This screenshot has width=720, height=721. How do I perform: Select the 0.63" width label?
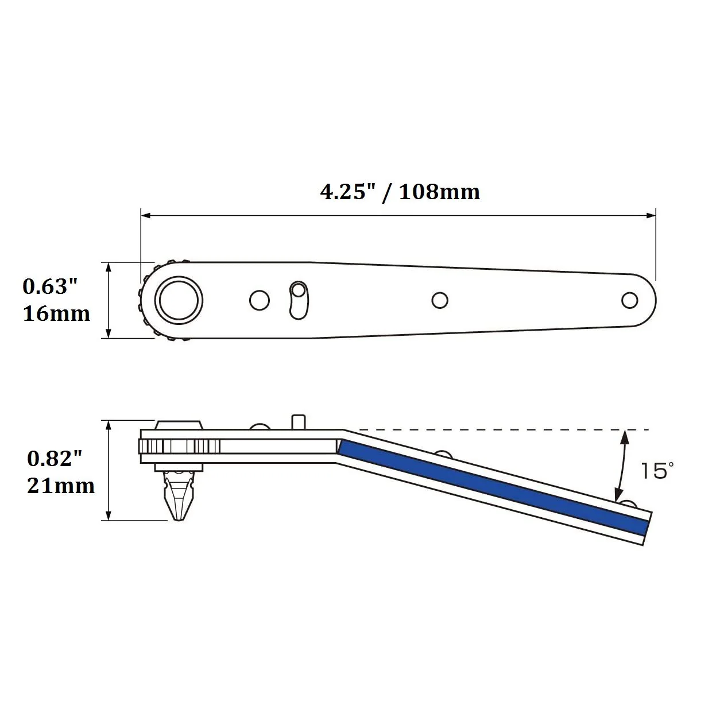pos(50,286)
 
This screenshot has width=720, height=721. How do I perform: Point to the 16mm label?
pos(56,313)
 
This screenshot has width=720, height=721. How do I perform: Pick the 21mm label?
pos(61,486)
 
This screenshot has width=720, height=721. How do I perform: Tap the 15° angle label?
pos(657,470)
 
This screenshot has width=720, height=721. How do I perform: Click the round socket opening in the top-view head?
pos(179,300)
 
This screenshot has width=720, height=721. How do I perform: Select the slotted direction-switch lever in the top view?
pos(299,300)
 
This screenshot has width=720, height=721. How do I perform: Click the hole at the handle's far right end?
pos(629,300)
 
